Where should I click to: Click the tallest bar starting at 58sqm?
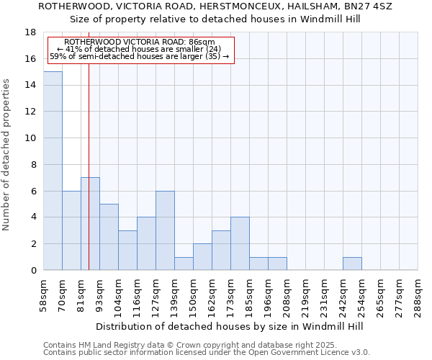tap(53, 171)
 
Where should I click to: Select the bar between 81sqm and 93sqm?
tap(90, 224)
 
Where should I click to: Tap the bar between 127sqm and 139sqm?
tap(165, 230)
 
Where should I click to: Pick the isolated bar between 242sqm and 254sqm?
tap(352, 264)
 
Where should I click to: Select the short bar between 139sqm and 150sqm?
tap(184, 264)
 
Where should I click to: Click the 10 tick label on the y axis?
tap(31, 138)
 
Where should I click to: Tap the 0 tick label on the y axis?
tap(33, 270)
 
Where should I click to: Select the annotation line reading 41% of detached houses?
tap(139, 49)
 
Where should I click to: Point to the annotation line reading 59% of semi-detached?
tap(139, 56)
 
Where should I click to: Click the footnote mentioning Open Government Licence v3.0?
tap(207, 352)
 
